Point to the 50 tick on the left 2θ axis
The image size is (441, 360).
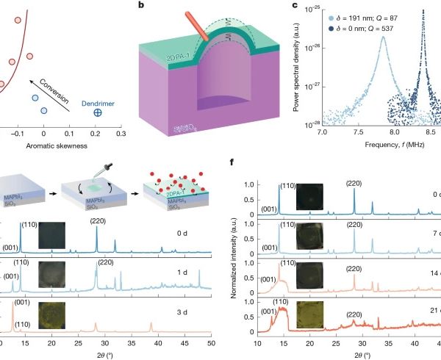[x=210, y=342]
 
